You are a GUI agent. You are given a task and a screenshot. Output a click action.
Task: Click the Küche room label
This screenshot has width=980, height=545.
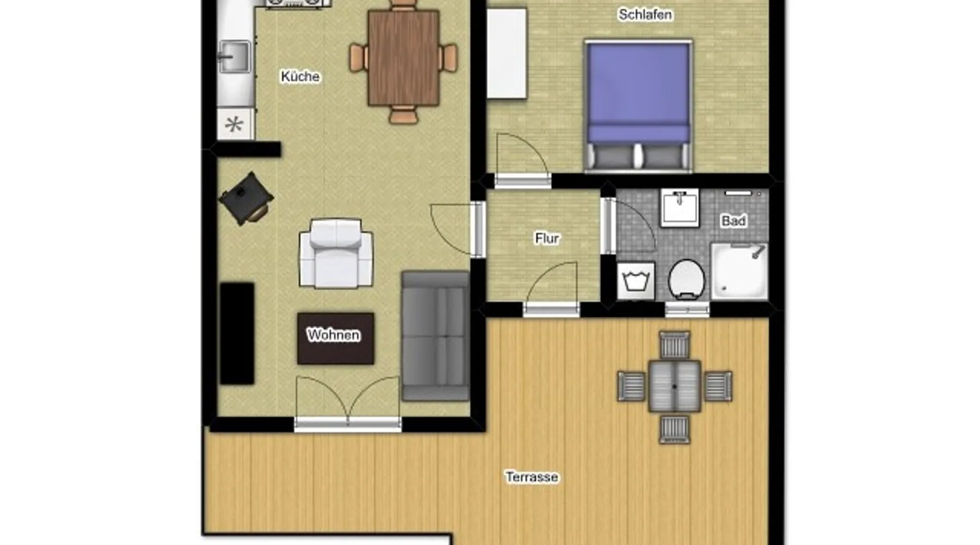(x=300, y=76)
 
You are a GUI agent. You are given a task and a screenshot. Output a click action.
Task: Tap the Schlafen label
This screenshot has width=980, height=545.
(x=645, y=15)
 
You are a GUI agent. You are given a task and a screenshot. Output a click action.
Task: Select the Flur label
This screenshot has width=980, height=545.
(x=547, y=238)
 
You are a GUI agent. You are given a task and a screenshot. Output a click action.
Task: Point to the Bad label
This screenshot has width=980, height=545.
(x=733, y=221)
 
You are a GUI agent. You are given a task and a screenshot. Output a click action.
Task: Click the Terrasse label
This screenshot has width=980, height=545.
(x=532, y=477)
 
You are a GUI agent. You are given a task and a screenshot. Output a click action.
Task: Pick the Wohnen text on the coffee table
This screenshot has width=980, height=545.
(x=333, y=334)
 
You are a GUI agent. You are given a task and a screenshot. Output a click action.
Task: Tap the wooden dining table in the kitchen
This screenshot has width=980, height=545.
(x=403, y=58)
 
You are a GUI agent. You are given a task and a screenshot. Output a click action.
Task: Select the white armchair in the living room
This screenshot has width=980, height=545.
(x=336, y=253)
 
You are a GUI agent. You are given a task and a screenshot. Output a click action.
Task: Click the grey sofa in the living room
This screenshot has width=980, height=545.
(x=436, y=336)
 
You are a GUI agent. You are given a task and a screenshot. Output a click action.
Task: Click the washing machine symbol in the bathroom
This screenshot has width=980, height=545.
(x=636, y=281)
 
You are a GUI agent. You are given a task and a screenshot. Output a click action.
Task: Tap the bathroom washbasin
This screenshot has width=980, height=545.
(x=680, y=208)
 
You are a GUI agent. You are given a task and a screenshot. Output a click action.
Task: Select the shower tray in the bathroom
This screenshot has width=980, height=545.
(x=739, y=271)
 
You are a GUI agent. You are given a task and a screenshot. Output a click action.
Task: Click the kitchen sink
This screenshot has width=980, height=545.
(x=235, y=57)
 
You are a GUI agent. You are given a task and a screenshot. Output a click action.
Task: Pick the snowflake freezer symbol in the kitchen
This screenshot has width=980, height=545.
(x=235, y=124)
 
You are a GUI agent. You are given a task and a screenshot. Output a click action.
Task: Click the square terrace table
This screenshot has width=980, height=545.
(x=675, y=386)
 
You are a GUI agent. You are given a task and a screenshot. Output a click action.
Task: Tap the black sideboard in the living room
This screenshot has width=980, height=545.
(x=237, y=334)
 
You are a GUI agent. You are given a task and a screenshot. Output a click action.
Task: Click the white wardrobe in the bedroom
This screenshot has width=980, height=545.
(x=507, y=53)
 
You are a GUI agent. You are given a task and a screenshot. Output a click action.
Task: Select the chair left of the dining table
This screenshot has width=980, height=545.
(x=358, y=58)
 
